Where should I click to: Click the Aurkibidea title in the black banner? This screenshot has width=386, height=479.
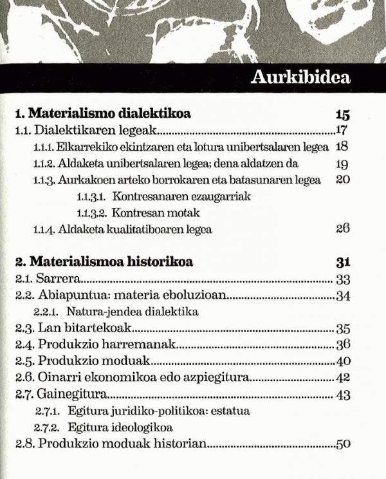click(300, 79)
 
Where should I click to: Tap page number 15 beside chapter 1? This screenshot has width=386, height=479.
click(342, 115)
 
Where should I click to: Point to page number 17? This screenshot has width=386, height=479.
click(342, 131)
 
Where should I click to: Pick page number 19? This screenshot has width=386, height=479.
click(342, 164)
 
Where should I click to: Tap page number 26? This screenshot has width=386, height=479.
click(342, 229)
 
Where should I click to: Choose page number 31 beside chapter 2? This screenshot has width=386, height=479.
click(342, 262)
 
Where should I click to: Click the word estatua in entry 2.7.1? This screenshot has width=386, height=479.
click(233, 410)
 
